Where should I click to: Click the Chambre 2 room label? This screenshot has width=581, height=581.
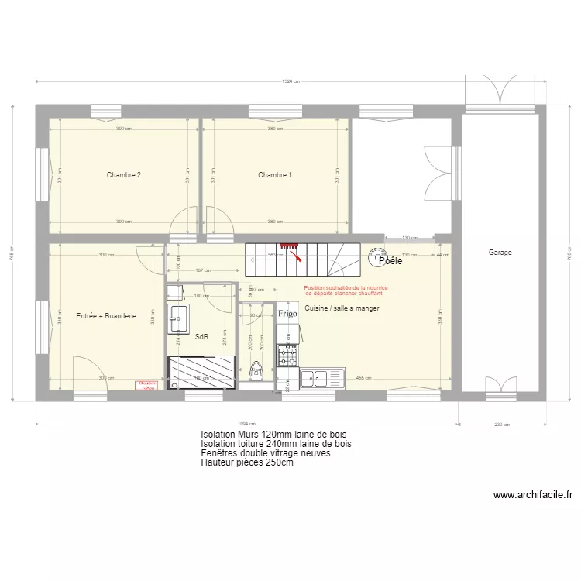click(124, 175)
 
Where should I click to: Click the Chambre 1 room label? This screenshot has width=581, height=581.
click(275, 175)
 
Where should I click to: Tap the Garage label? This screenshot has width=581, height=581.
click(500, 253)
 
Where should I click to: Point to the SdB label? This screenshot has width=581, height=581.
click(201, 337)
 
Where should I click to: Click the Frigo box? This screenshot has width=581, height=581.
click(288, 314)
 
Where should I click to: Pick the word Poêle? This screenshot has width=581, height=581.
click(390, 261)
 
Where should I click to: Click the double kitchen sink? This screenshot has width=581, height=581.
click(319, 378)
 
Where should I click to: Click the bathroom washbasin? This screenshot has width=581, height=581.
click(178, 318)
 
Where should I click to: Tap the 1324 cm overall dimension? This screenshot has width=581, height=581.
click(290, 81)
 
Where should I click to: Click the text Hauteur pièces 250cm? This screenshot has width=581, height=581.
click(247, 463)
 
